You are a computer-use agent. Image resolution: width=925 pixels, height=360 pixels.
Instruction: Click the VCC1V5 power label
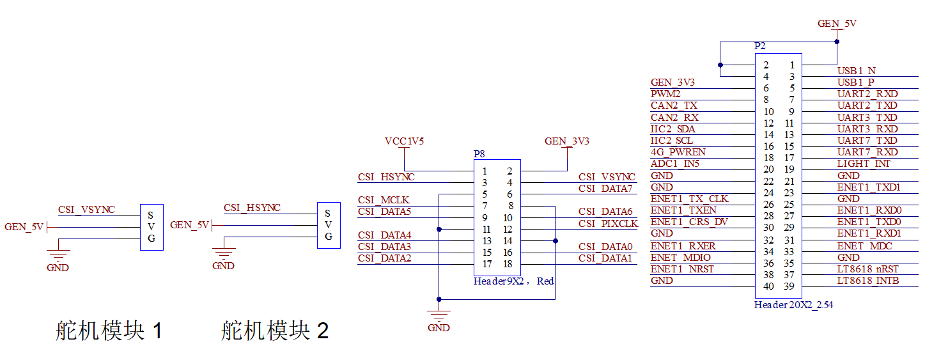point(404,141)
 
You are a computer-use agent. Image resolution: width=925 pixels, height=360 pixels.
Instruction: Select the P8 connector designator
point(479,154)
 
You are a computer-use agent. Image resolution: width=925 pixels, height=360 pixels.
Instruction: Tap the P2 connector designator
point(759,46)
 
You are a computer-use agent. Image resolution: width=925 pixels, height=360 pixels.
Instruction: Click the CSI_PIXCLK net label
point(608,223)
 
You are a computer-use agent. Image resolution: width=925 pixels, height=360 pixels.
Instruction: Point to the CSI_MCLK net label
point(384,200)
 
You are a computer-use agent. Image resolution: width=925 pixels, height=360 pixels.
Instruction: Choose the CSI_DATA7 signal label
point(605,188)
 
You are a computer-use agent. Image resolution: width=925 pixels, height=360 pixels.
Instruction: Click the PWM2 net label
point(665,94)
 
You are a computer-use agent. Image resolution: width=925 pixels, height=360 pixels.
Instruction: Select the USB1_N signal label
point(856,70)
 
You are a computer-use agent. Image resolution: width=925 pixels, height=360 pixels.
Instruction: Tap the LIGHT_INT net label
point(864,164)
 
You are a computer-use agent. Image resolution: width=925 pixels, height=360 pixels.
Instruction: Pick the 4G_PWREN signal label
point(678,152)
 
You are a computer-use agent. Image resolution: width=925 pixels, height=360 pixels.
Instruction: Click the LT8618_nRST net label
point(868,269)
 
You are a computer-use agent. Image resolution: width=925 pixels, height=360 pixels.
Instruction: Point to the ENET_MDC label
point(864,246)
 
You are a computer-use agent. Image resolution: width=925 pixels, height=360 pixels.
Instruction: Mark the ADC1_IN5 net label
point(676,164)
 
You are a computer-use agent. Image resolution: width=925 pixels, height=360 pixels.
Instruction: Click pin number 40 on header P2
point(768,286)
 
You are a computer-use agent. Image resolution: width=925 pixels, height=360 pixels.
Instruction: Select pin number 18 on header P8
point(508,264)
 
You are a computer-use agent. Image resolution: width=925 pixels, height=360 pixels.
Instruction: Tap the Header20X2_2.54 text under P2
point(793,305)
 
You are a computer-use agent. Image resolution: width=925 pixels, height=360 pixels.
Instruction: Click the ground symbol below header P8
point(439,315)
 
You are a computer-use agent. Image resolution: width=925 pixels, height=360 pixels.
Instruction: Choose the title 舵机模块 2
point(275,331)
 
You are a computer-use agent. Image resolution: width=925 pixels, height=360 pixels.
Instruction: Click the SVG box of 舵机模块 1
point(152,226)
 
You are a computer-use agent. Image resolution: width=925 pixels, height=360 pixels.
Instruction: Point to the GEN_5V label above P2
point(837,24)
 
